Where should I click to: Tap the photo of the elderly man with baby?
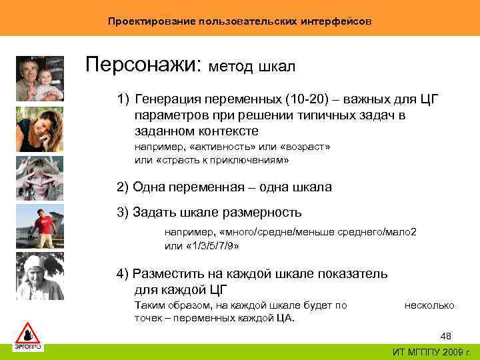tap(39, 78)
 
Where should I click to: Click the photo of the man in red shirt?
tap(39, 227)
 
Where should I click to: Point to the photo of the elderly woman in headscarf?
tap(39, 277)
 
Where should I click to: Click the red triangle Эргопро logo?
tap(27, 337)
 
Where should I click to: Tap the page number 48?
tap(446, 336)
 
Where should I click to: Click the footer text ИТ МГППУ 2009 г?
tap(433, 352)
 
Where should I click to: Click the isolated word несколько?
tap(429, 305)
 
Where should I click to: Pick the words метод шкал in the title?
tap(253, 67)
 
